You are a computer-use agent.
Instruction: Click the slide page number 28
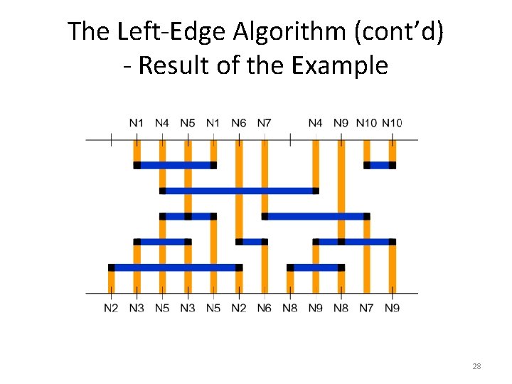point(476,366)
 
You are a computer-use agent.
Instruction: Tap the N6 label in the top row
point(239,123)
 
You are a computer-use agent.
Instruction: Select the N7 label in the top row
point(264,123)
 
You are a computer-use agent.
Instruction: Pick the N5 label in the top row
point(187,123)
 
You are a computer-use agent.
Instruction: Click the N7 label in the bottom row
point(366,308)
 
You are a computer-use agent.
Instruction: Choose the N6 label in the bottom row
point(264,308)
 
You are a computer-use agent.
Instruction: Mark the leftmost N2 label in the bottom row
point(111,308)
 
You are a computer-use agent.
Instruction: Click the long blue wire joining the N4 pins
point(239,191)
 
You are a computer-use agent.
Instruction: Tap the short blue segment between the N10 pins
point(380,165)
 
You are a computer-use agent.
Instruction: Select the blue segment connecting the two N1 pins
point(175,165)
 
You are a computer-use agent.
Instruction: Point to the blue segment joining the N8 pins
point(316,267)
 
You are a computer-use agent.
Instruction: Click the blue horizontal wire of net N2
point(175,267)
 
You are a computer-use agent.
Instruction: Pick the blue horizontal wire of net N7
point(316,216)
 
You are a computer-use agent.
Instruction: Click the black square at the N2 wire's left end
point(111,267)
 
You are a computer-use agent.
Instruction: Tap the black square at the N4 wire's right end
point(316,191)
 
